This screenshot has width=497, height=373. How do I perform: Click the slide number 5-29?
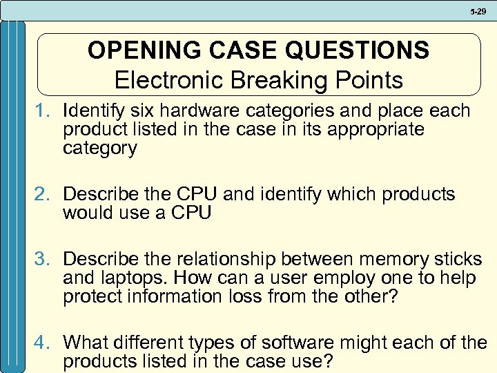pyautogui.click(x=478, y=10)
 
